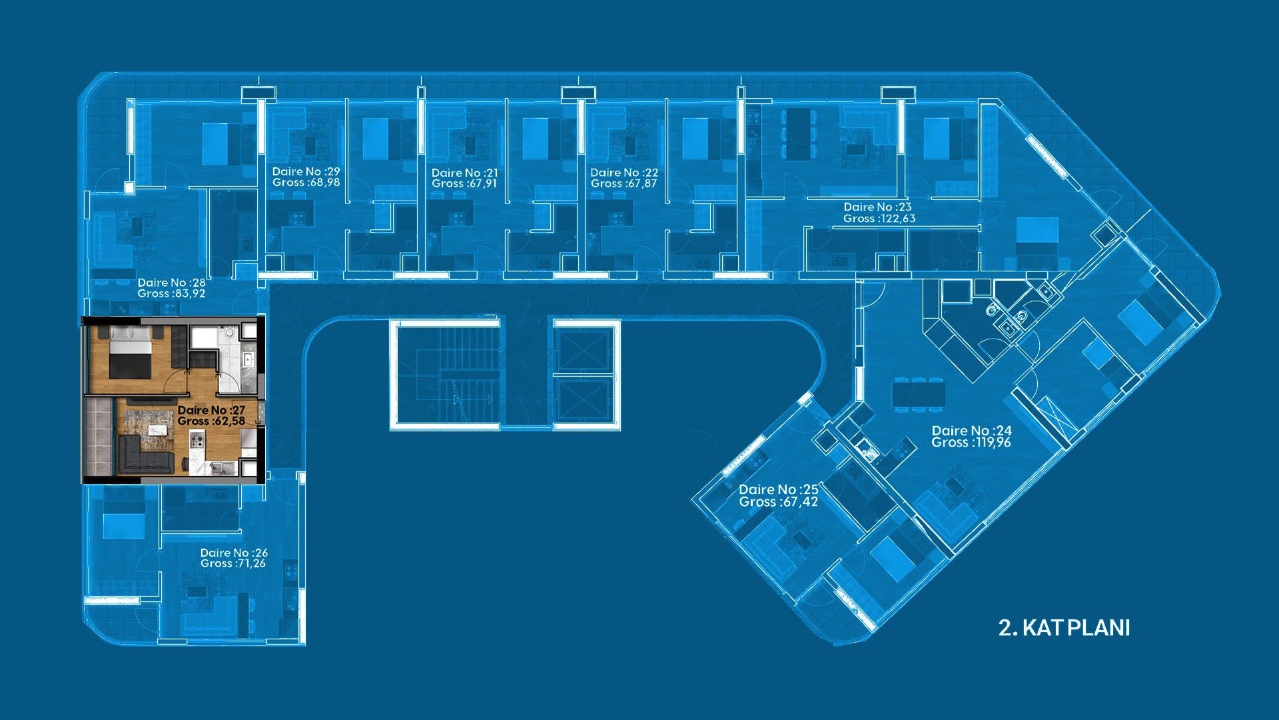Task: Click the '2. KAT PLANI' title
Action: click(x=1064, y=628)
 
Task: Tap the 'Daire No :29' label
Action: click(x=306, y=172)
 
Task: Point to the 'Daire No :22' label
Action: click(x=624, y=173)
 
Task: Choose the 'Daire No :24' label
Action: click(x=971, y=431)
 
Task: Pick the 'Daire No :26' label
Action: click(x=234, y=553)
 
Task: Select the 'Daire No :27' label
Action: click(x=211, y=410)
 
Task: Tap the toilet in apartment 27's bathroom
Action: click(x=228, y=333)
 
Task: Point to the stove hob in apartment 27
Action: click(x=197, y=439)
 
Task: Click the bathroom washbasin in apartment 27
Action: click(x=247, y=360)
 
